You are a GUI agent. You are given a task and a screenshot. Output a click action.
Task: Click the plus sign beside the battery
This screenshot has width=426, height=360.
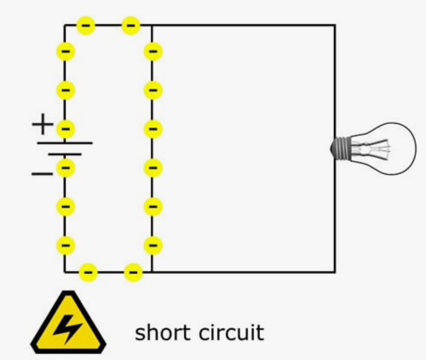(x=42, y=124)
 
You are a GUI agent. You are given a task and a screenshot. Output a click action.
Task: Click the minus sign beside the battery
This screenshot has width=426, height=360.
(x=42, y=173)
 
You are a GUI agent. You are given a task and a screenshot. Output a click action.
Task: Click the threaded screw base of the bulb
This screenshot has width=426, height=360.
(x=340, y=149)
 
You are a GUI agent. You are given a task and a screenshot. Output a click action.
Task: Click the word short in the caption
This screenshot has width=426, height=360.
(x=160, y=332)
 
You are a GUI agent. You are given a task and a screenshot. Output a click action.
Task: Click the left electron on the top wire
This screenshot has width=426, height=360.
(x=86, y=26)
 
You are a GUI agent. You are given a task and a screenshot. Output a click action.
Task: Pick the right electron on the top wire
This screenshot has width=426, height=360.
(x=131, y=26)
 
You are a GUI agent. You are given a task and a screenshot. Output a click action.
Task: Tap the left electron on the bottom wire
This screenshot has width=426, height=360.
(x=88, y=273)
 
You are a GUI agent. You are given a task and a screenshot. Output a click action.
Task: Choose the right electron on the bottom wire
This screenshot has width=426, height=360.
(x=133, y=273)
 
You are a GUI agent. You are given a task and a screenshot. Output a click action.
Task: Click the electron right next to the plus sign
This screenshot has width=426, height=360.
(x=66, y=129)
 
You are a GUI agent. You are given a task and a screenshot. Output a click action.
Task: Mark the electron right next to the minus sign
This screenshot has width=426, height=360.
(x=66, y=168)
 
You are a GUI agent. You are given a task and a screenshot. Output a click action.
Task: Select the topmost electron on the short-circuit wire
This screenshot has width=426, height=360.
(x=153, y=52)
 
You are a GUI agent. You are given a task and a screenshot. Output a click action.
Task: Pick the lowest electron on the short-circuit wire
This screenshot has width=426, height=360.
(x=153, y=245)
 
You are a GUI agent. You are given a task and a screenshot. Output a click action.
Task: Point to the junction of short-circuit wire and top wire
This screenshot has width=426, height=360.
(x=152, y=26)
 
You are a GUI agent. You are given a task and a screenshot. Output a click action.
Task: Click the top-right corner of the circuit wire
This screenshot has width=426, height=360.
(x=334, y=26)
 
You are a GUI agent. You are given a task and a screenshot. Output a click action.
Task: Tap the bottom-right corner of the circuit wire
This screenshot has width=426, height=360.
(x=334, y=272)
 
